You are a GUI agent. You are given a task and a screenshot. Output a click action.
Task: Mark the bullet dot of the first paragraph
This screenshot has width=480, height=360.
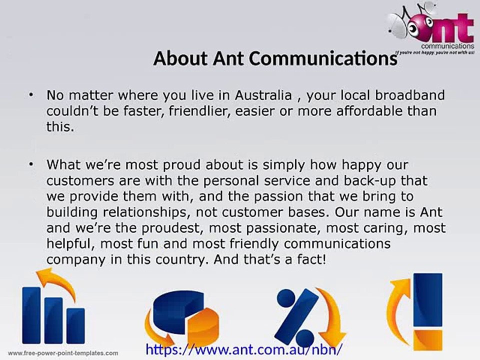click(x=32, y=94)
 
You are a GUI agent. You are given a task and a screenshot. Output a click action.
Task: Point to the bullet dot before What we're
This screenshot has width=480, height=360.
click(x=32, y=164)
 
